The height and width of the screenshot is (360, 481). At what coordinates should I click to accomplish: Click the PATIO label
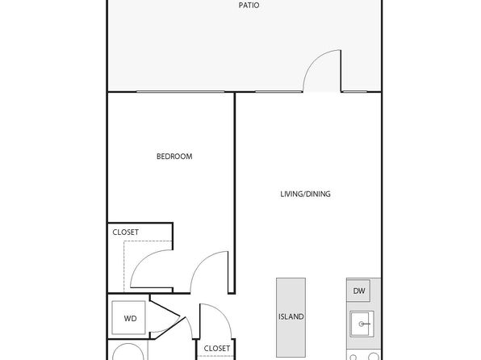pos(249,5)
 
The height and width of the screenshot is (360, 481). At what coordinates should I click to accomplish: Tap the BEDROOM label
pos(174,157)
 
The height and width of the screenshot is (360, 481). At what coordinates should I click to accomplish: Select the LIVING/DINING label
pos(306,194)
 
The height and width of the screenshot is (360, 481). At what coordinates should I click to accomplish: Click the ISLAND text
pos(291,316)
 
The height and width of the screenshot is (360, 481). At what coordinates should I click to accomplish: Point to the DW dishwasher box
pos(358,291)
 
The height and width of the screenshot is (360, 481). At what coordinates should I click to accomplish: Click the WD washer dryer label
pos(130,319)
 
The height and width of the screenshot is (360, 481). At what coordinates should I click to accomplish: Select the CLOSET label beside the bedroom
pos(125,232)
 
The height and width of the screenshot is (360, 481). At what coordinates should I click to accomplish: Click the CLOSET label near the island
pos(217,349)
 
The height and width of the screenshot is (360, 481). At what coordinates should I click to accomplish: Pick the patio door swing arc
pos(314,61)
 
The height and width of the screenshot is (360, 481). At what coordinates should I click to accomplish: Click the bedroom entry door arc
pos(201,261)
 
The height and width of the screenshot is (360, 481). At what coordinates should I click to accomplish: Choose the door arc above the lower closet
pos(221,313)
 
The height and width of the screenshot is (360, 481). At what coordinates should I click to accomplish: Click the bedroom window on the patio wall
pos(181,91)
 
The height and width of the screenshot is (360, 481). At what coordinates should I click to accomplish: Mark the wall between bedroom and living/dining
pos(235,193)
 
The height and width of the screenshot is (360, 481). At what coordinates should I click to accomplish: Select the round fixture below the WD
pos(128,352)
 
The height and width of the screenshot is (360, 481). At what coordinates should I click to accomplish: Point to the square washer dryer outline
pos(128,318)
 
